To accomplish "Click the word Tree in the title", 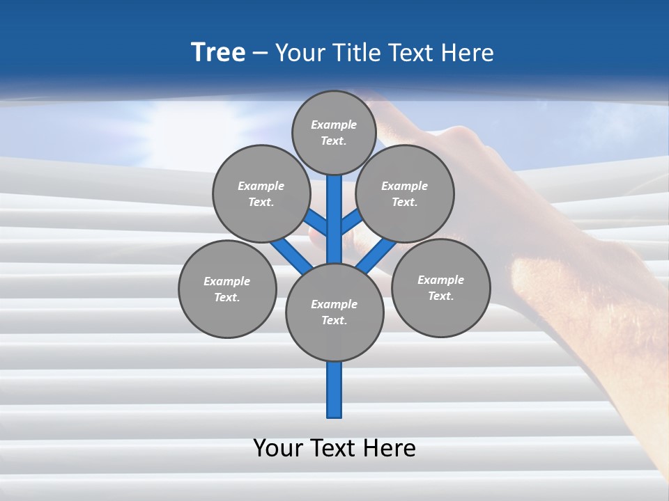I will pyautogui.click(x=218, y=52).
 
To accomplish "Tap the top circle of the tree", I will pyautogui.click(x=334, y=132).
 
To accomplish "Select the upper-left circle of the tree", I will pyautogui.click(x=261, y=193).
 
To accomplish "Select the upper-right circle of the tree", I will pyautogui.click(x=405, y=193).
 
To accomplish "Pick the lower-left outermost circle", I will pyautogui.click(x=227, y=289).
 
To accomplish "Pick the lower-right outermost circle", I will pyautogui.click(x=440, y=287).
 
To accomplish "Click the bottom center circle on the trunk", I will pyautogui.click(x=334, y=312).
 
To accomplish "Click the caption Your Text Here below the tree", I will pyautogui.click(x=334, y=447).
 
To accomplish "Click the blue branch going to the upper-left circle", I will pyautogui.click(x=316, y=223).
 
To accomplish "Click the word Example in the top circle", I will pyautogui.click(x=334, y=125).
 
